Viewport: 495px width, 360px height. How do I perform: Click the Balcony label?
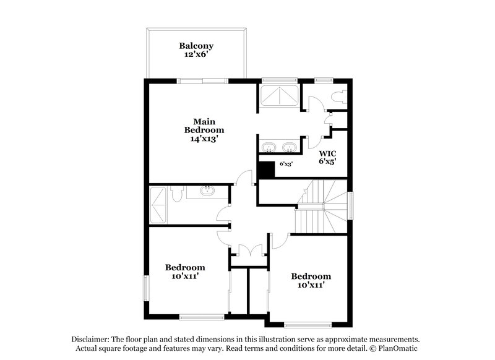pos(196,45)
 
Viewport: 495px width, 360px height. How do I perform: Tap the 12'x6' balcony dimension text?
pos(196,54)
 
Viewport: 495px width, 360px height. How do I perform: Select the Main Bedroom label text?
pos(204,126)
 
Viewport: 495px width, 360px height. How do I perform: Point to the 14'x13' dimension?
pos(204,140)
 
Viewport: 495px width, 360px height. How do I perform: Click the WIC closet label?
pos(327,153)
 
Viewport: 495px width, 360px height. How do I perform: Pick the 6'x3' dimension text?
pos(286,164)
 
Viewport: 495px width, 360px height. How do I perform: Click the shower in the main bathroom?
pos(278,96)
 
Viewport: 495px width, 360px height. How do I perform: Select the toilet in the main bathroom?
pos(338,96)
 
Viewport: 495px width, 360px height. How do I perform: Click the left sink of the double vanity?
pos(269,147)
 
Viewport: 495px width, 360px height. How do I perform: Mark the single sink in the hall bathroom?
pos(207,191)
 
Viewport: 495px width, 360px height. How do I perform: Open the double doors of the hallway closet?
pos(248,251)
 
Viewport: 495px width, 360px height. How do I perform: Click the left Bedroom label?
pos(184,267)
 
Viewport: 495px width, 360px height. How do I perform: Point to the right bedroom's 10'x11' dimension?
pos(311,285)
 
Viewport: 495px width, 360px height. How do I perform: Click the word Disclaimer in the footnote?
pos(89,340)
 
